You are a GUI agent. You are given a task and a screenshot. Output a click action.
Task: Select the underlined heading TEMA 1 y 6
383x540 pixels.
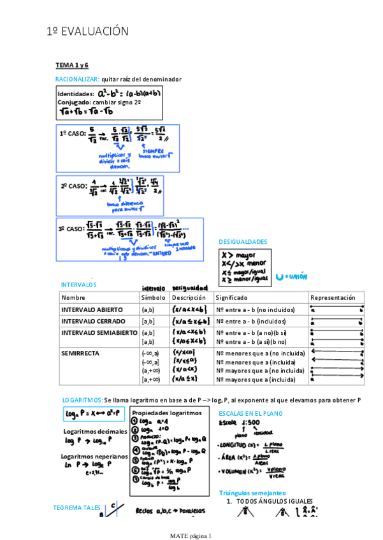[x=72, y=66]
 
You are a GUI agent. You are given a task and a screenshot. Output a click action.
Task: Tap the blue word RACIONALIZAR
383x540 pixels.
[x=77, y=79]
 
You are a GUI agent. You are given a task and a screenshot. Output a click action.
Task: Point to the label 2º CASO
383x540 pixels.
[x=73, y=187]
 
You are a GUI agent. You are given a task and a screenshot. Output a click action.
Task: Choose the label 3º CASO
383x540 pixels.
[x=71, y=229]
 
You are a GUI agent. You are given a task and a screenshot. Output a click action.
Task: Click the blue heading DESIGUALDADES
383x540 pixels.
[x=243, y=242]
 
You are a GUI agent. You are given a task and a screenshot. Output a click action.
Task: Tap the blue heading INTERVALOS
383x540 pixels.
[x=78, y=285]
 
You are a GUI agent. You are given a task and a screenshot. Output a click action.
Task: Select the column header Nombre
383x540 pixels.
[x=73, y=297]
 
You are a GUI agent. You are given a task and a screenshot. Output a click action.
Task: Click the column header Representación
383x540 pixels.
[x=333, y=297]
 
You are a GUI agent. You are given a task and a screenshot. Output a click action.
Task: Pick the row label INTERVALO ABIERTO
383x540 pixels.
[x=92, y=309]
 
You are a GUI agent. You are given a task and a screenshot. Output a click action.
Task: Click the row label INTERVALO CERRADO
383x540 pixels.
[x=93, y=321]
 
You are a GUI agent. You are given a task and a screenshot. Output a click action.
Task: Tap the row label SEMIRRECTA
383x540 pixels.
[x=81, y=352]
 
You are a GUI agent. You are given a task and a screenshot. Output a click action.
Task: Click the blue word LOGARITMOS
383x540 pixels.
[x=82, y=400]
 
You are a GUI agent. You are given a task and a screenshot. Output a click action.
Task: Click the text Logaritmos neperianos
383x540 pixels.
[x=94, y=456]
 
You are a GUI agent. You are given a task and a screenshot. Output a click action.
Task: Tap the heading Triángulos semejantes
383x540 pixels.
[x=252, y=493]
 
